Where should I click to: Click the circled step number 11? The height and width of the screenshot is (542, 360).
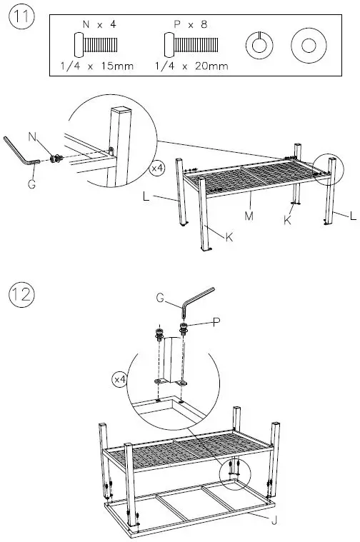pyautogui.click(x=21, y=19)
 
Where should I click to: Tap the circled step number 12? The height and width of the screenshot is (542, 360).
pyautogui.click(x=21, y=293)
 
